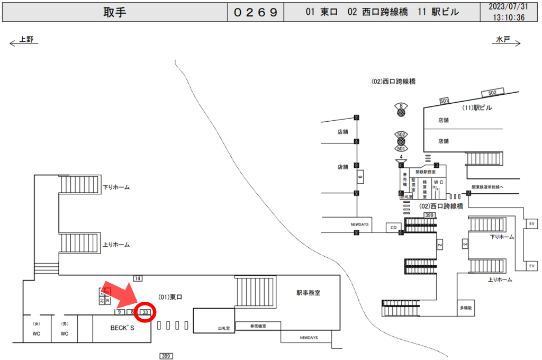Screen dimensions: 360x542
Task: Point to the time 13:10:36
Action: click(509, 17)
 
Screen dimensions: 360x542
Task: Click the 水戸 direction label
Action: click(503, 40)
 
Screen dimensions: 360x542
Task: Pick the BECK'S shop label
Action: click(122, 328)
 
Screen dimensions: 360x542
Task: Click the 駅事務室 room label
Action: click(309, 293)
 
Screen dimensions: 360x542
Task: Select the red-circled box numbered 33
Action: click(145, 312)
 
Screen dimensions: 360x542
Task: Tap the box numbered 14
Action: click(138, 278)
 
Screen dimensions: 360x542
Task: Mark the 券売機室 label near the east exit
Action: click(258, 327)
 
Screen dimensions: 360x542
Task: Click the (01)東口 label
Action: click(170, 298)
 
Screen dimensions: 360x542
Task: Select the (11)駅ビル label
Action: click(477, 107)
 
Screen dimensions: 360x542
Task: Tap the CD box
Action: click(393, 228)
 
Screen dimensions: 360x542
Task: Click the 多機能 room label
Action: click(466, 308)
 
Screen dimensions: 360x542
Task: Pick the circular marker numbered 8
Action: click(402, 110)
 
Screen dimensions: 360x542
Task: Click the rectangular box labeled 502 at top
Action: click(492, 93)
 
